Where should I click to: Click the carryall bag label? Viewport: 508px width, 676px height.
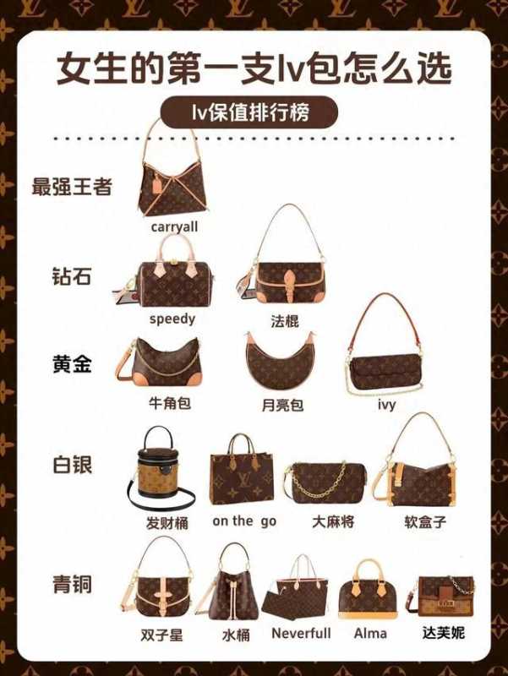pyautogui.click(x=174, y=226)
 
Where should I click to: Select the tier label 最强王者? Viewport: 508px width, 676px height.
pyautogui.click(x=72, y=186)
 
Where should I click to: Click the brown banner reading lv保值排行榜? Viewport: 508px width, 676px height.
pyautogui.click(x=249, y=112)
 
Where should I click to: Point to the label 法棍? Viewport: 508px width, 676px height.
pyautogui.click(x=285, y=321)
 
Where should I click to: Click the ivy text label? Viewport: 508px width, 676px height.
pyautogui.click(x=386, y=405)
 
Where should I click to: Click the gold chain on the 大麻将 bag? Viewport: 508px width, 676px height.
pyautogui.click(x=321, y=482)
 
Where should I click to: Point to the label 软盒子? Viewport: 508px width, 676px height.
pyautogui.click(x=425, y=522)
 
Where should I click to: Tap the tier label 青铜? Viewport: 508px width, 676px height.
pyautogui.click(x=72, y=585)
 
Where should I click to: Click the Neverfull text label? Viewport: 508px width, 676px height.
pyautogui.click(x=301, y=633)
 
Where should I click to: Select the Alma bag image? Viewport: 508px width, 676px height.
pyautogui.click(x=368, y=590)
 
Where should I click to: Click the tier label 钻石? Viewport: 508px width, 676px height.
pyautogui.click(x=72, y=276)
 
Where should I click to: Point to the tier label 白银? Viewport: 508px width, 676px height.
pyautogui.click(x=72, y=466)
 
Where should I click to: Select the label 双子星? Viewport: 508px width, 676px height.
pyautogui.click(x=161, y=635)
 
